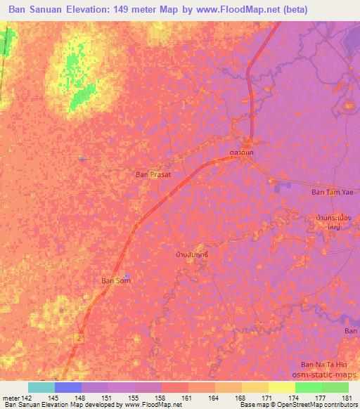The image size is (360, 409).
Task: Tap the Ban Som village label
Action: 115,280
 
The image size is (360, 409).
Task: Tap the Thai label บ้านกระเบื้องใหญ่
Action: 329,222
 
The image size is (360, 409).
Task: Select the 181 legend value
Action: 348,398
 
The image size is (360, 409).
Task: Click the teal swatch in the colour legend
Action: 41,387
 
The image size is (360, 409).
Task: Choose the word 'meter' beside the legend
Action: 9,398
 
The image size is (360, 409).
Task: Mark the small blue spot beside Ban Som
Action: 126,276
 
